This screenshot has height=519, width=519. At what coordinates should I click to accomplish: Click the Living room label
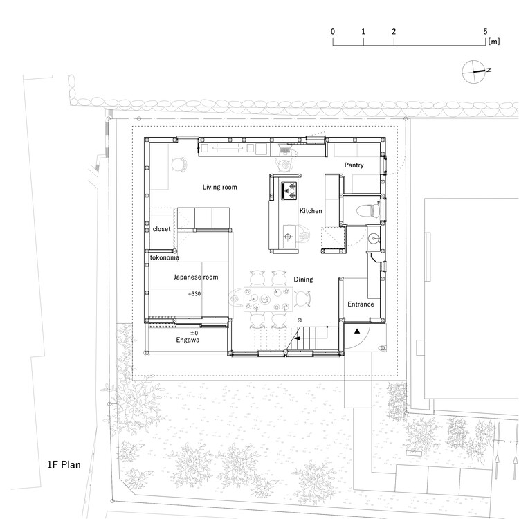pyautogui.click(x=220, y=188)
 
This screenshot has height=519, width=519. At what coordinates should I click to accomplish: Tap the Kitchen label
pyautogui.click(x=310, y=211)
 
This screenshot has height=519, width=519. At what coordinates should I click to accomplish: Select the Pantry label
pyautogui.click(x=354, y=165)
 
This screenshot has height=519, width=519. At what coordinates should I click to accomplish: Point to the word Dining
pyautogui.click(x=302, y=280)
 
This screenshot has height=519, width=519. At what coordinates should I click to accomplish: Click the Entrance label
pyautogui.click(x=360, y=304)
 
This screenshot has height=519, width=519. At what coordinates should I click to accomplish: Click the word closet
pyautogui.click(x=161, y=228)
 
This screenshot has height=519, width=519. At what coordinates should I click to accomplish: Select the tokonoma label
pyautogui.click(x=165, y=258)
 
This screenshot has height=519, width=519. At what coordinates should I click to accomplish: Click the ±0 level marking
pyautogui.click(x=194, y=332)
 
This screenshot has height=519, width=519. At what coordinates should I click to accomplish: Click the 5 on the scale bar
pyautogui.click(x=486, y=32)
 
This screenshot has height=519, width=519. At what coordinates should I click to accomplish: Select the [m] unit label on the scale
pyautogui.click(x=493, y=42)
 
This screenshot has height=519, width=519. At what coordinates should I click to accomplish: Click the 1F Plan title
pyautogui.click(x=60, y=464)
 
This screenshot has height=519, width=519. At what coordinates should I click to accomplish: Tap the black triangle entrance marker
pyautogui.click(x=357, y=332)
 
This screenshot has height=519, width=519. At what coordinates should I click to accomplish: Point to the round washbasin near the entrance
pyautogui.click(x=374, y=239)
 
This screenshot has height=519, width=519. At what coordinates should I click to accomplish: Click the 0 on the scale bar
pyautogui.click(x=333, y=32)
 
